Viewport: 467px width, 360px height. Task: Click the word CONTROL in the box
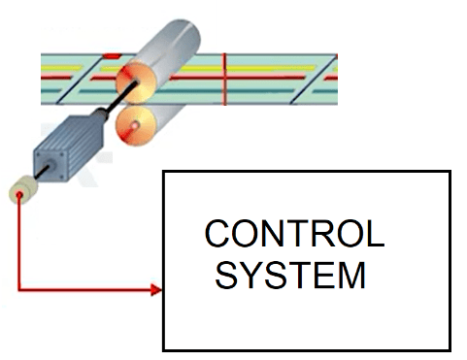[x=294, y=236]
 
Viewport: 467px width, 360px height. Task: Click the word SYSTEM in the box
[x=290, y=275]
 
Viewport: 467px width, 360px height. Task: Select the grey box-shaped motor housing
[x=65, y=151]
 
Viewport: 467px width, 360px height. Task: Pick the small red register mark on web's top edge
[x=112, y=56]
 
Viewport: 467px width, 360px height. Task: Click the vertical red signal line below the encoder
[x=18, y=243]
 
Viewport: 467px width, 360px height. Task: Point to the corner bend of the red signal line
[x=19, y=289]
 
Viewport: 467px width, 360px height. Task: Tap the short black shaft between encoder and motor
[x=37, y=177]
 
